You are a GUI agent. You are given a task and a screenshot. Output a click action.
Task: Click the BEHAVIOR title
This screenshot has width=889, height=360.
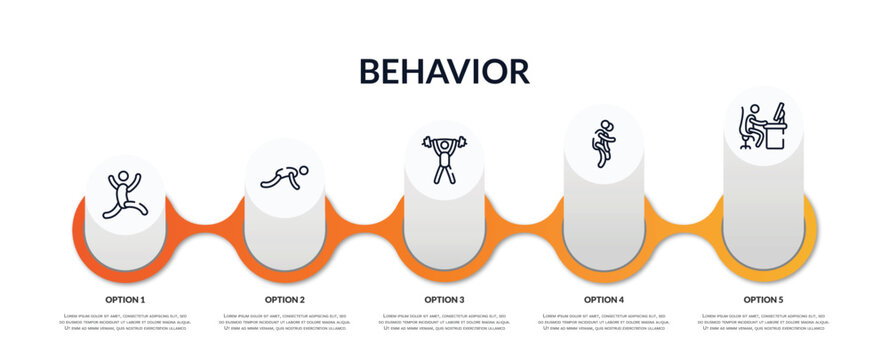click(444, 71)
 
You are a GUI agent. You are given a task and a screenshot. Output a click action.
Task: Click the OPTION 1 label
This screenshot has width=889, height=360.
click(125, 299)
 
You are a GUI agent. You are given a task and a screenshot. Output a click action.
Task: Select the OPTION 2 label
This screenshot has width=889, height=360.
click(285, 299)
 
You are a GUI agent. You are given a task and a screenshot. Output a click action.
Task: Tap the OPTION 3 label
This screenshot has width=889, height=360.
click(444, 299)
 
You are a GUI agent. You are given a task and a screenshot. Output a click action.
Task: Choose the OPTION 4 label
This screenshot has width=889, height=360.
click(604, 299)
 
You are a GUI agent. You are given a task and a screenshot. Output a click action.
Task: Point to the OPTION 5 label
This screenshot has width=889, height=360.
click(763, 299)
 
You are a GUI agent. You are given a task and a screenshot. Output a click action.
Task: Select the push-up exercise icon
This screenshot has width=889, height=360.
click(284, 177)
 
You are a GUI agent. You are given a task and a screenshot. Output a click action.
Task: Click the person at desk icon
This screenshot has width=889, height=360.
click(763, 126)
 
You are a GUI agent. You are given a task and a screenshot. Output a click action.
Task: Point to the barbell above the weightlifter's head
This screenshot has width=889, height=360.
click(443, 142)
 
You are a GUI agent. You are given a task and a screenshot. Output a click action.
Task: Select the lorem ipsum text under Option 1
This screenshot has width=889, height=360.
click(125, 322)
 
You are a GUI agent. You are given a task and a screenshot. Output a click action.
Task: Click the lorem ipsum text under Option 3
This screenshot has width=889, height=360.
click(444, 322)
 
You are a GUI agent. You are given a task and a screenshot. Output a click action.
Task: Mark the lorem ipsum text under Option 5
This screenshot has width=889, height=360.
click(763, 322)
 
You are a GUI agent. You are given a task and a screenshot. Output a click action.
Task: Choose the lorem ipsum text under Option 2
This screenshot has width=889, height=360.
click(285, 322)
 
